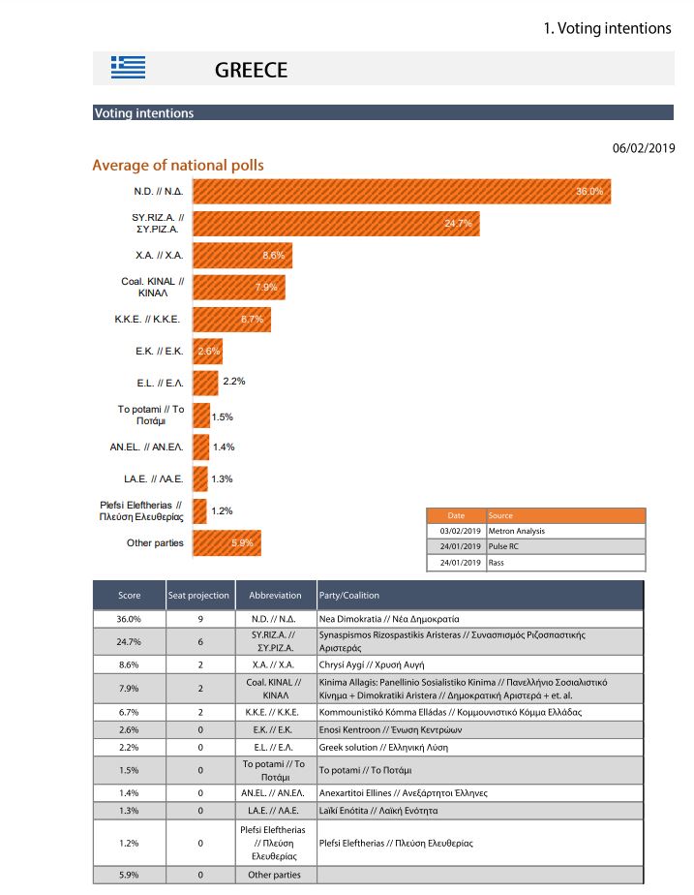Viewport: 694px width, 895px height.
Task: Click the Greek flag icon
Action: pyautogui.click(x=129, y=67)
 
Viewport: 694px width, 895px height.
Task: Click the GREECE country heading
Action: pyautogui.click(x=251, y=71)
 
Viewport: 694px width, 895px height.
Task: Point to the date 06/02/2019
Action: pyautogui.click(x=644, y=148)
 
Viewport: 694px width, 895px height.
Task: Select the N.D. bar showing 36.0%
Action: pyautogui.click(x=401, y=192)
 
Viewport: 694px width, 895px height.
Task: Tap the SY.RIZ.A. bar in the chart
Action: pyautogui.click(x=336, y=224)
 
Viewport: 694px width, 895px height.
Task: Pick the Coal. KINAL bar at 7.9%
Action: pyautogui.click(x=238, y=287)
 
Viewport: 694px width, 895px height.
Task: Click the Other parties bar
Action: pyautogui.click(x=226, y=542)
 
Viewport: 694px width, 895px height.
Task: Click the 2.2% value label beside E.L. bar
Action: pyautogui.click(x=233, y=382)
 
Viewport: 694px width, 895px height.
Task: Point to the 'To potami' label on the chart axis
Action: pyautogui.click(x=151, y=416)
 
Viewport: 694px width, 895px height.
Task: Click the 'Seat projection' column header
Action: pyautogui.click(x=198, y=596)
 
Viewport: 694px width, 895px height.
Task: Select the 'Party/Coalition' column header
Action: pyautogui.click(x=348, y=596)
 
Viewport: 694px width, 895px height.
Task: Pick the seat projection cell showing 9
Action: pyautogui.click(x=198, y=618)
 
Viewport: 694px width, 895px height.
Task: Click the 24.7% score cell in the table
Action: pyautogui.click(x=129, y=641)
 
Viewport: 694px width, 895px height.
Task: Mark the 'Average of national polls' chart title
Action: pyautogui.click(x=177, y=166)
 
